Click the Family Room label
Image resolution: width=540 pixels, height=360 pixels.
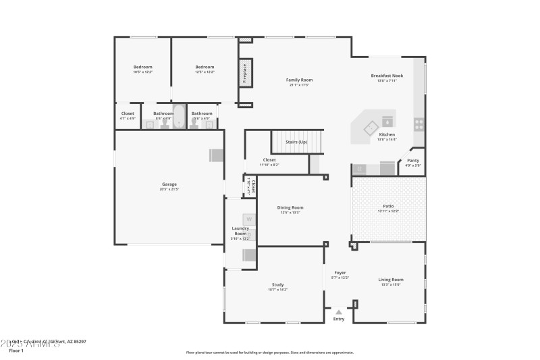299,80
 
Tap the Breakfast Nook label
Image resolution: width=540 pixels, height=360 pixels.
387,76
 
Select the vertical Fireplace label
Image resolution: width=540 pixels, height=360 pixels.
245,74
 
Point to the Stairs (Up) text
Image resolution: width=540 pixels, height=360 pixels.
297,142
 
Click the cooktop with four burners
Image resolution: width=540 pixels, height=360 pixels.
418,124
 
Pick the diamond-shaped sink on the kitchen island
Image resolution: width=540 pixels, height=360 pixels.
370,126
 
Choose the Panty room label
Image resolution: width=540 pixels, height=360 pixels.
413,160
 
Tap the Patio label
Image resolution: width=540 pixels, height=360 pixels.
388,206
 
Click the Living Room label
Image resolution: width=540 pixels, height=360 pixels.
391,279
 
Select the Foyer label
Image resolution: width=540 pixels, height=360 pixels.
340,273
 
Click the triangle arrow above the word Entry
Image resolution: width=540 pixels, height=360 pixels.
339,312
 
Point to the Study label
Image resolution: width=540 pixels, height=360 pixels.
277,285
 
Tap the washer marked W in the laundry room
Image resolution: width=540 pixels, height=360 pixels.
248,219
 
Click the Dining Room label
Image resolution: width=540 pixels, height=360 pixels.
291,207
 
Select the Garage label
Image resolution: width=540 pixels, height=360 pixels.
169,184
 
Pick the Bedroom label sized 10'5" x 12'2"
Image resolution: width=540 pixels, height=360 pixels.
142,67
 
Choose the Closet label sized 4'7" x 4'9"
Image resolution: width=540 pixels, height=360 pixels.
128,113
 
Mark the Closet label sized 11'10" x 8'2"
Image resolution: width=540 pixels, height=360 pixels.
269,160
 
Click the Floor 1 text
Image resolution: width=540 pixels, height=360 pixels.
16,351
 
